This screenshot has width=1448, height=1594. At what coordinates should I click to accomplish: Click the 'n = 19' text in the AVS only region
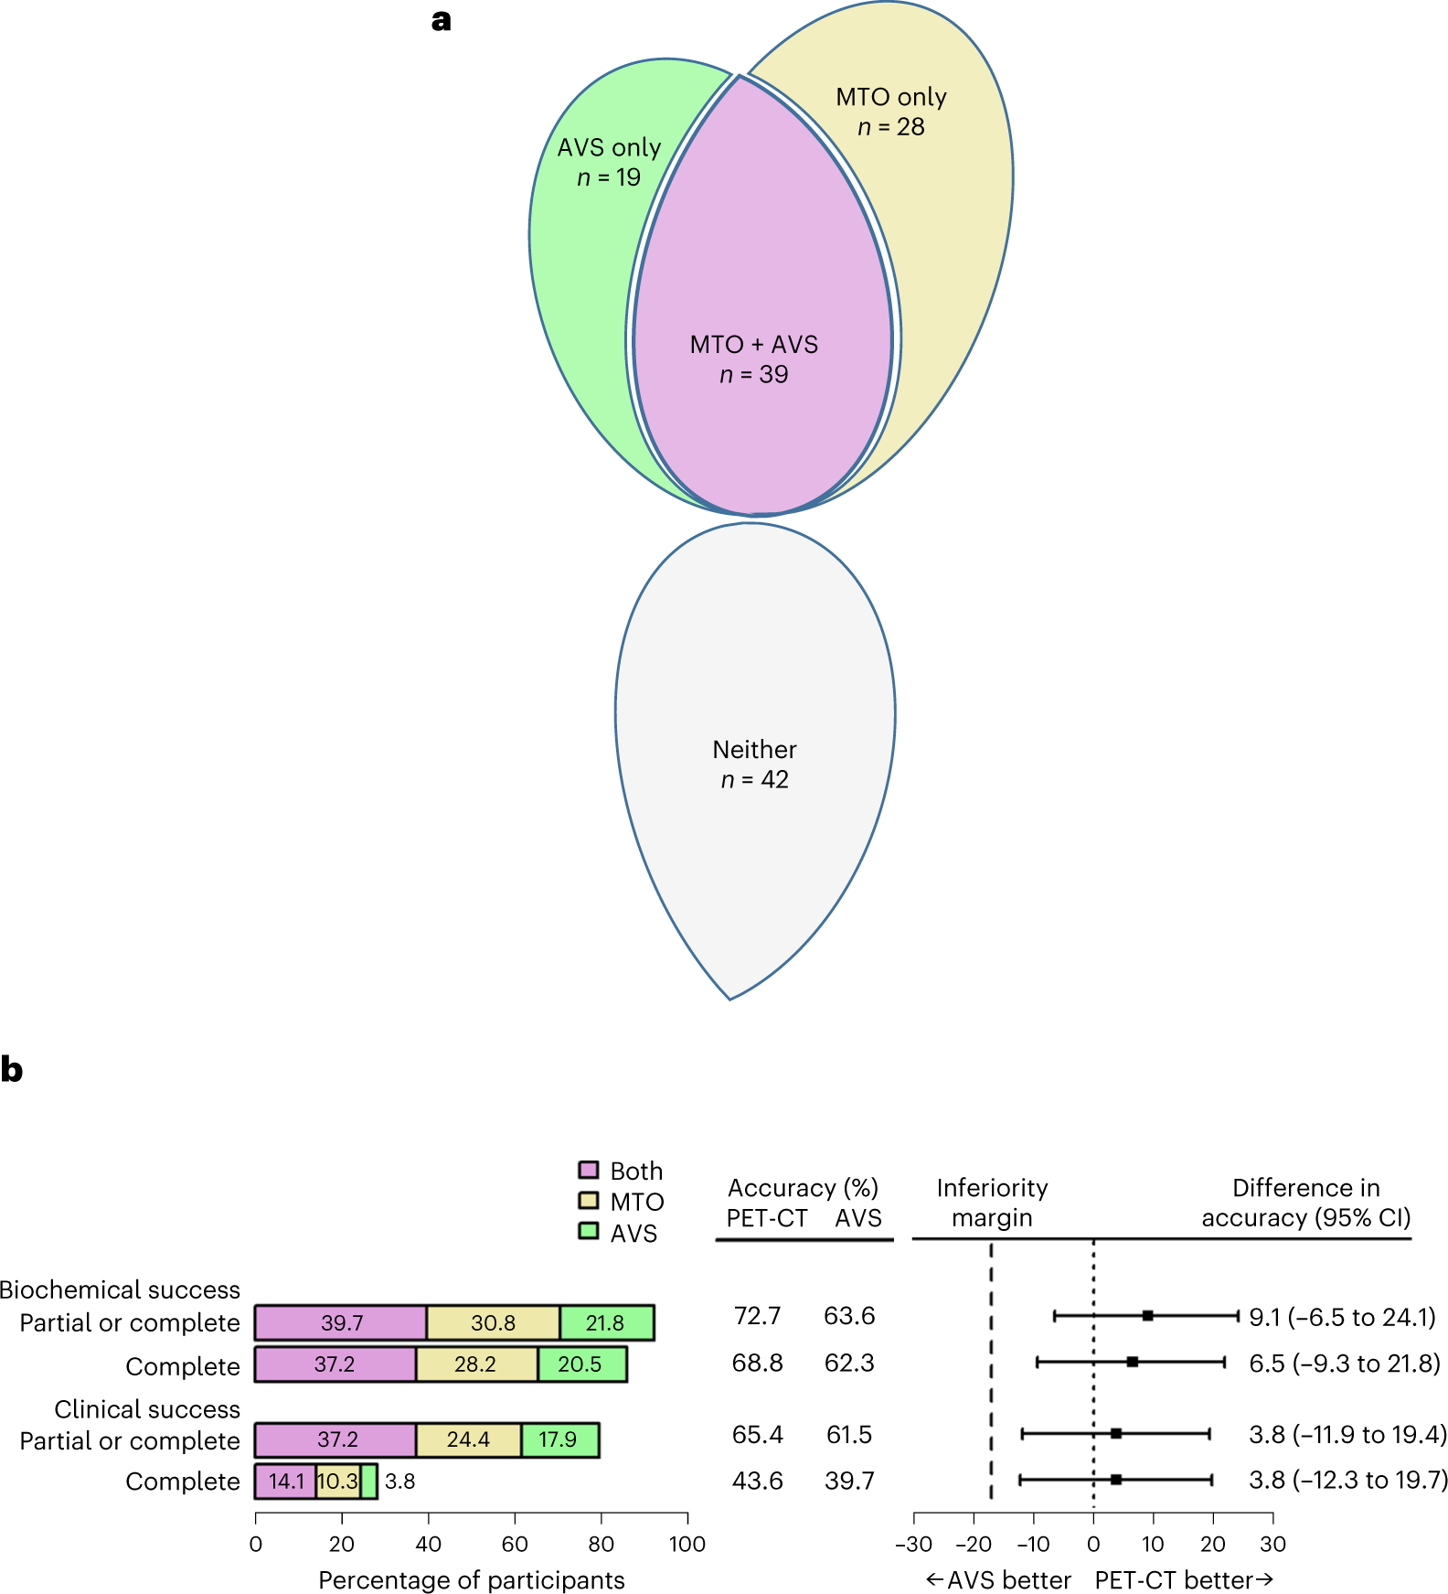click(x=609, y=177)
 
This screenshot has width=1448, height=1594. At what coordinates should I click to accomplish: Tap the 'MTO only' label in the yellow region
click(x=890, y=97)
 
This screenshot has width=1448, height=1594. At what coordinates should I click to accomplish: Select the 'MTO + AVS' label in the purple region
click(x=753, y=345)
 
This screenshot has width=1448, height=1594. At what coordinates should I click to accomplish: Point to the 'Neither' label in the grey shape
click(x=754, y=750)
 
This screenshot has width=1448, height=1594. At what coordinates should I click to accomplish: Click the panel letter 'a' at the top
click(x=442, y=20)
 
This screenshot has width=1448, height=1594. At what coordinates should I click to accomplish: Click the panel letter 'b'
click(x=12, y=1069)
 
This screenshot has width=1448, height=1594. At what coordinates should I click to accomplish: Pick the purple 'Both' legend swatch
click(x=589, y=1170)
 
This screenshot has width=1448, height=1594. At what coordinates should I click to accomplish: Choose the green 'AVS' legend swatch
click(x=589, y=1231)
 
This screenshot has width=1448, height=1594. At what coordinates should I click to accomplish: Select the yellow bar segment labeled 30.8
click(x=493, y=1323)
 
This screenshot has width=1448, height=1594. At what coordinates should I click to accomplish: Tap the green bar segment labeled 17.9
click(x=559, y=1439)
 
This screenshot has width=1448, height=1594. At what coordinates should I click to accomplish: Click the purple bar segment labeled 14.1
click(x=285, y=1482)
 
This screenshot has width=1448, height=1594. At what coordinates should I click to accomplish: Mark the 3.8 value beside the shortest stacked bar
click(x=400, y=1482)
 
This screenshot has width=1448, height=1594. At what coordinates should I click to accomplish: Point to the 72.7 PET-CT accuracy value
click(x=757, y=1316)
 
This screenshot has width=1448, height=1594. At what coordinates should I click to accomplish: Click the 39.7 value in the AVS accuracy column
click(x=849, y=1481)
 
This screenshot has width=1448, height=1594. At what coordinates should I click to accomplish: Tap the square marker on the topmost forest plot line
click(x=1147, y=1316)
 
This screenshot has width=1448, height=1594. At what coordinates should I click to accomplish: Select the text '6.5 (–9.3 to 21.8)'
click(x=1344, y=1364)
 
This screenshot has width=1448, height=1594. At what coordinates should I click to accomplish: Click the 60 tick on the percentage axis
click(x=515, y=1544)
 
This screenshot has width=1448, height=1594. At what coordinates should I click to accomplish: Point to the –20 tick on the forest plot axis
click(x=973, y=1544)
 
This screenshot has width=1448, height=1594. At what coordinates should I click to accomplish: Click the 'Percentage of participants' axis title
click(x=471, y=1580)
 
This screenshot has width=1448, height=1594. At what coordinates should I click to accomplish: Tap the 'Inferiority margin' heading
click(x=992, y=1203)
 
